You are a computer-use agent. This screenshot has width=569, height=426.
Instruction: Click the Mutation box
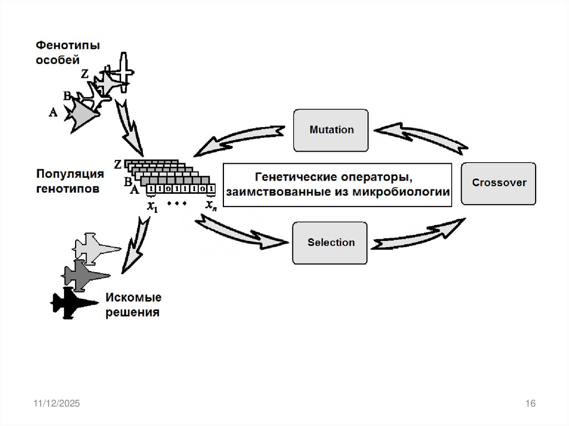[331, 130]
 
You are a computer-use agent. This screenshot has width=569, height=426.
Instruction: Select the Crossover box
[498, 183]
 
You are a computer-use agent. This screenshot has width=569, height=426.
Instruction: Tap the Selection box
[331, 243]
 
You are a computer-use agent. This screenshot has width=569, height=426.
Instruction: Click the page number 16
[530, 404]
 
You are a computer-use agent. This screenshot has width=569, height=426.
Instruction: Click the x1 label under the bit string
[152, 207]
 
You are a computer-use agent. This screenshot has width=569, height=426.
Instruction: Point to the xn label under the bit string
[211, 207]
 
